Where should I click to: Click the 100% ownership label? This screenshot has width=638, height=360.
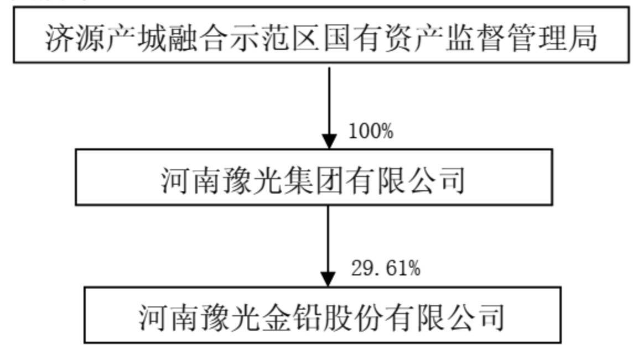(371, 132)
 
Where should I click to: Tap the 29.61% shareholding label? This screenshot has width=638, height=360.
(386, 268)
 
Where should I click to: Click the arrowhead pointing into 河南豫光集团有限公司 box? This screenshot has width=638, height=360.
(329, 142)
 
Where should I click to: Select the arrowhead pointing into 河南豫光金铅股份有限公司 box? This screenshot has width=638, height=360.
(328, 279)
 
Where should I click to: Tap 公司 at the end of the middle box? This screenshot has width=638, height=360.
(437, 180)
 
